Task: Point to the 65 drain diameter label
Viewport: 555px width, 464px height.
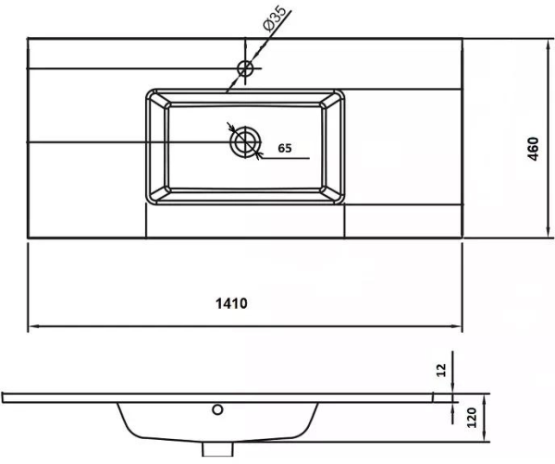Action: [285, 148]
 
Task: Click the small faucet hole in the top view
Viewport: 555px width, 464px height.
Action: [245, 67]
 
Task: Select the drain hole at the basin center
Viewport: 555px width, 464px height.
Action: [245, 142]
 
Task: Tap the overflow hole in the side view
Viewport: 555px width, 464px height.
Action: [218, 409]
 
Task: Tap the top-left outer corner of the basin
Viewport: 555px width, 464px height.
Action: [147, 90]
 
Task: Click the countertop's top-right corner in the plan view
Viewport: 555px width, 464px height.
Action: [462, 38]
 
